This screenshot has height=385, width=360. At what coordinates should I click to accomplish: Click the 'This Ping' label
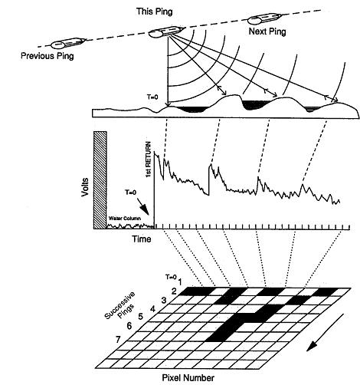point(155,12)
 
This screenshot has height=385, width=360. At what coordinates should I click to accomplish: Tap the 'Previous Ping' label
point(47,56)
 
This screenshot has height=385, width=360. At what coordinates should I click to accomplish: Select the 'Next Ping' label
point(267,31)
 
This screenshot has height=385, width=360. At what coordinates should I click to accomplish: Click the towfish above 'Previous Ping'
point(68,43)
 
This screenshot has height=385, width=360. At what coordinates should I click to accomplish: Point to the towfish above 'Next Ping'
point(265,18)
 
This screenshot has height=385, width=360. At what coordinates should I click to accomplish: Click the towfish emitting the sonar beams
point(166,31)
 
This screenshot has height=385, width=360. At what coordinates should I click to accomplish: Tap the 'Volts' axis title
point(85,187)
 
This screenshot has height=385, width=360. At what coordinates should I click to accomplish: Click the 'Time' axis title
point(141,239)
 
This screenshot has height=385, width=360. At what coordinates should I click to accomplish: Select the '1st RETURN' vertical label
point(149,160)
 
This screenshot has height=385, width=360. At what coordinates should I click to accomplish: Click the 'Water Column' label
point(125,219)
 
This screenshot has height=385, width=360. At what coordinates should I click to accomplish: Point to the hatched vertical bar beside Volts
point(100,180)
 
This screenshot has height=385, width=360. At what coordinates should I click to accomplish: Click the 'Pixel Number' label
point(188,377)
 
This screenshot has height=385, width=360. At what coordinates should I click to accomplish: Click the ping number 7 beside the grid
point(118,340)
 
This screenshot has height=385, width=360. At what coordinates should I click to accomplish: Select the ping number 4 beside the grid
point(152,309)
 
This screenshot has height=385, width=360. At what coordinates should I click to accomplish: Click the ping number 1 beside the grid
point(180,282)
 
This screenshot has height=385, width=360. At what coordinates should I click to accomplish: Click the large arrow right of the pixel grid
point(325,332)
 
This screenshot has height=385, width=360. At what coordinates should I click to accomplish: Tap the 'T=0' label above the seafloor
point(152,97)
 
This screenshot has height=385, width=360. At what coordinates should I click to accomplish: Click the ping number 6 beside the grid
point(129,326)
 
